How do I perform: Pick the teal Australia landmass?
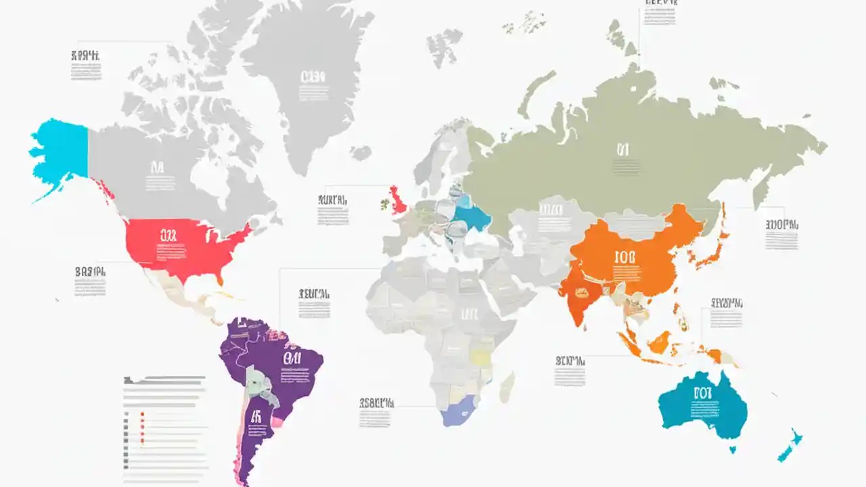coord(704,406)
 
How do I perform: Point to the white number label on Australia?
coord(702,392)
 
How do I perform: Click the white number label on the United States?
coord(168,235)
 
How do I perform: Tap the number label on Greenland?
coord(313,76)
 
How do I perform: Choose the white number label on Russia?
coord(622,149)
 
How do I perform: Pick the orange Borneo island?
coord(658,342)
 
